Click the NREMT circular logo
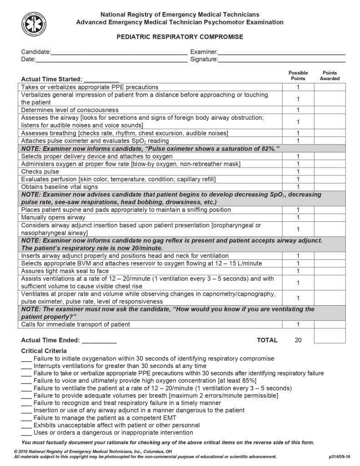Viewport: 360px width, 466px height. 34,25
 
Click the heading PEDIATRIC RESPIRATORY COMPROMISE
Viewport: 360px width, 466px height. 180,37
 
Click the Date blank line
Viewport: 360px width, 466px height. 111,60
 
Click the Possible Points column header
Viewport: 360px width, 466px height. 298,76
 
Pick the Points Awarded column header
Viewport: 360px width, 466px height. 330,76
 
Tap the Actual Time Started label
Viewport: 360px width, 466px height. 51,79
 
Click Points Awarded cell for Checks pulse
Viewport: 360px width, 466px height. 330,172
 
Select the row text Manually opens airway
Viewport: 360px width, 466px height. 53,218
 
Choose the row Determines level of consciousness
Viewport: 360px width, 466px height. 70,110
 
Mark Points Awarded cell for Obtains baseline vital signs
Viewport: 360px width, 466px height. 330,187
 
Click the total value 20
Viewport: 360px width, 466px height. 298,340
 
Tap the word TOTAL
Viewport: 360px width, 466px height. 267,340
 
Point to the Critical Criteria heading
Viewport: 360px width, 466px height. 44,351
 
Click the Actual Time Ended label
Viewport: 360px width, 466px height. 51,340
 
